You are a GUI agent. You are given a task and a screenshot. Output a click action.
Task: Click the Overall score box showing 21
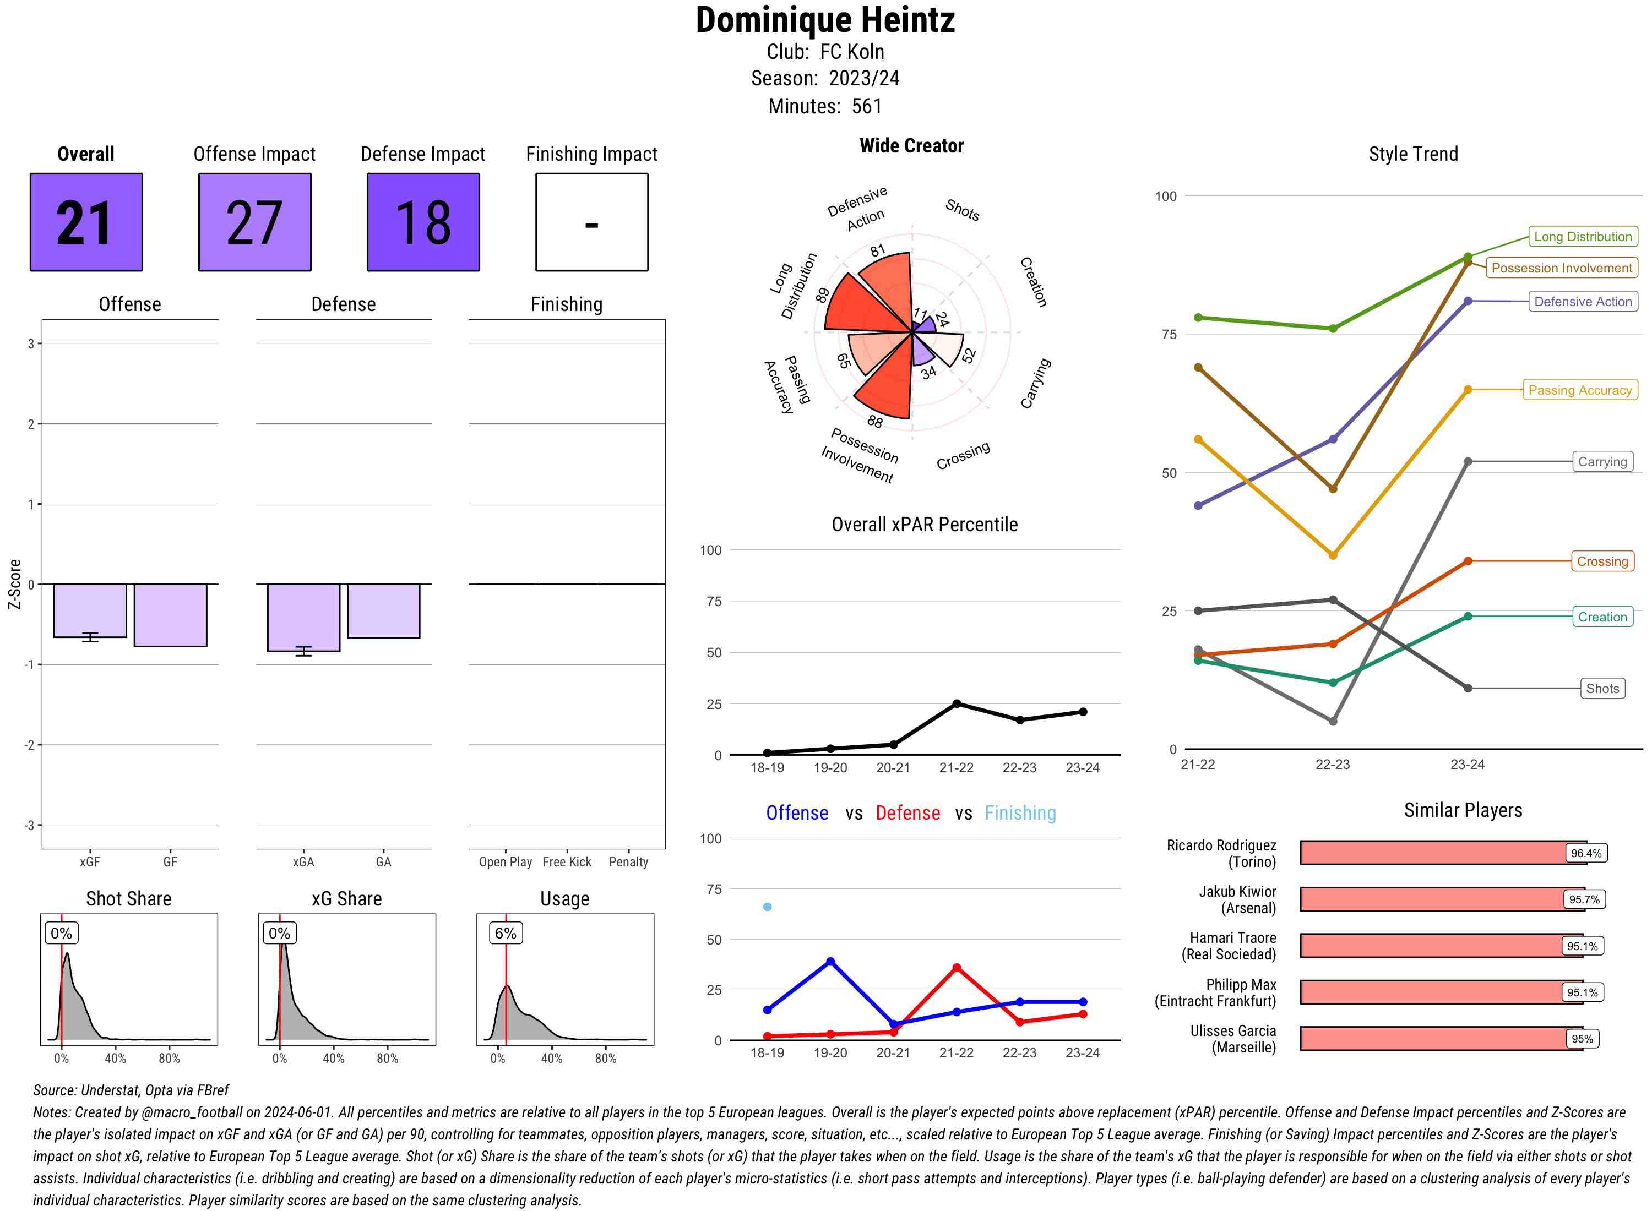pyautogui.click(x=86, y=222)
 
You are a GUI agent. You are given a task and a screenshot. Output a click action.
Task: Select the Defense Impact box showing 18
pyautogui.click(x=423, y=222)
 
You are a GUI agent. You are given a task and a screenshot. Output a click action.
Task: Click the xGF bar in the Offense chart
pyautogui.click(x=90, y=610)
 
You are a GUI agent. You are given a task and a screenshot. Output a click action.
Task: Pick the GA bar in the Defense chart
pyautogui.click(x=383, y=610)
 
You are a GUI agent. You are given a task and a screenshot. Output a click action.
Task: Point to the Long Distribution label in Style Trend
pyautogui.click(x=1583, y=237)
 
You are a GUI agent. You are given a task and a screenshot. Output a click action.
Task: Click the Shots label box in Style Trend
pyautogui.click(x=1601, y=688)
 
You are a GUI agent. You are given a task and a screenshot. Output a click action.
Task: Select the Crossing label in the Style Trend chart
pyautogui.click(x=1601, y=561)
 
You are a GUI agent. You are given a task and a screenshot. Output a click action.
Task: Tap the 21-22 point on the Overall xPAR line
pyautogui.click(x=956, y=703)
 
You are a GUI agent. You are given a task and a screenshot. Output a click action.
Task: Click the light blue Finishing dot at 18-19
pyautogui.click(x=767, y=907)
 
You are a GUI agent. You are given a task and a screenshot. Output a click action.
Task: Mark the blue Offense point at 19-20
pyautogui.click(x=830, y=961)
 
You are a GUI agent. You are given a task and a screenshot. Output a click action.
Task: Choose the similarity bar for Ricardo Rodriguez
pyautogui.click(x=1442, y=853)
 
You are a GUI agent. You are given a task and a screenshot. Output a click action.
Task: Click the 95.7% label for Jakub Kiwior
pyautogui.click(x=1584, y=899)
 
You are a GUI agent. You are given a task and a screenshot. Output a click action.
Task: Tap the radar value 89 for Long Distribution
pyautogui.click(x=822, y=294)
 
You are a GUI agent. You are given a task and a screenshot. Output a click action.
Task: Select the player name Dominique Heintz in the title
pyautogui.click(x=825, y=20)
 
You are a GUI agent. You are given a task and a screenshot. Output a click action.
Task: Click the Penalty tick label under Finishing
pyautogui.click(x=628, y=862)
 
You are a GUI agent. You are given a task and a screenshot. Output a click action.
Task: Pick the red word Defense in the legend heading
pyautogui.click(x=907, y=813)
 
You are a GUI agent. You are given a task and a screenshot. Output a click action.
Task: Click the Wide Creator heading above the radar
pyautogui.click(x=911, y=146)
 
